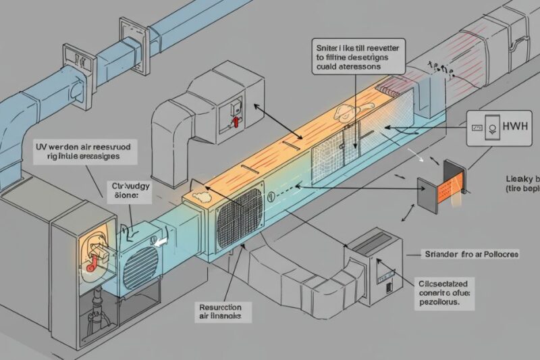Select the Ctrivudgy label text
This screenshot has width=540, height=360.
128,184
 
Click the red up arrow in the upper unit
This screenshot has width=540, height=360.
236,120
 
